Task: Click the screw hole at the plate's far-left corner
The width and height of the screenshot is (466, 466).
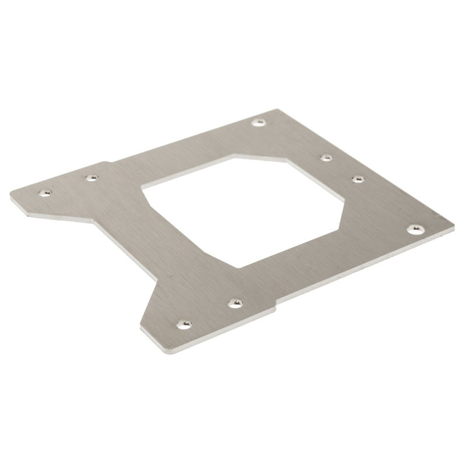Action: tap(45, 192)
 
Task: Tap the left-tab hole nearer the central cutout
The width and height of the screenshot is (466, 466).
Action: tap(91, 178)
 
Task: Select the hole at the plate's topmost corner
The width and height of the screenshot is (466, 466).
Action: tap(259, 122)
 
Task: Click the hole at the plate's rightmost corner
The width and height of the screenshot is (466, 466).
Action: tap(415, 229)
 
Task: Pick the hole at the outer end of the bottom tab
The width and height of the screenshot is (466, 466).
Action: tap(184, 323)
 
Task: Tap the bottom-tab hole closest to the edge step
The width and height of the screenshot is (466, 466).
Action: tap(235, 303)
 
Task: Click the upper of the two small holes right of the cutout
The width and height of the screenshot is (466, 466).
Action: tap(326, 157)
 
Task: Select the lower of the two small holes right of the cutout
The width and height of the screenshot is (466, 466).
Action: tap(358, 179)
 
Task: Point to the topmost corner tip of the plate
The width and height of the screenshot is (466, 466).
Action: tap(277, 110)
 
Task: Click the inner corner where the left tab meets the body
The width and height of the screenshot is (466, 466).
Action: tap(93, 221)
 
